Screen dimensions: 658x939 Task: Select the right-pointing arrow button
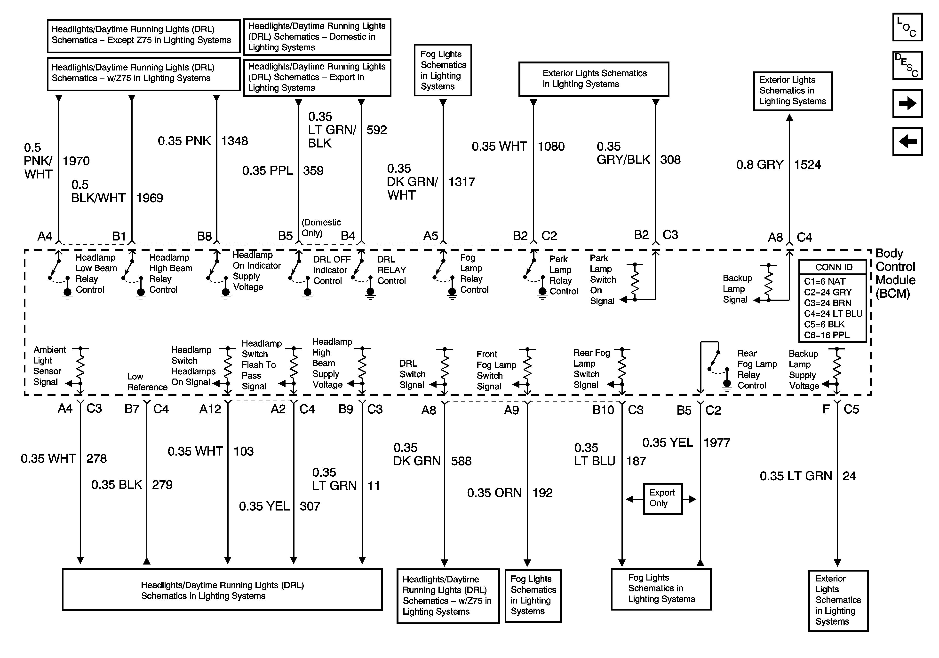coord(907,103)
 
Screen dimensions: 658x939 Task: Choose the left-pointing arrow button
coord(907,141)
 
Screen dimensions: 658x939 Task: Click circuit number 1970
coord(76,161)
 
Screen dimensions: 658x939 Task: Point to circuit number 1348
coord(234,141)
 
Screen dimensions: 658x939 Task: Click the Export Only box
coord(662,498)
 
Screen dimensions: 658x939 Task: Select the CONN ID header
coord(834,267)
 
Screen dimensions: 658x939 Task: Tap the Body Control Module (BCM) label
coord(895,273)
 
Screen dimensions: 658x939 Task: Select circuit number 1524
coord(807,165)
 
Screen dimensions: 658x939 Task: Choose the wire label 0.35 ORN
coord(494,493)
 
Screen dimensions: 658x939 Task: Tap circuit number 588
coord(461,461)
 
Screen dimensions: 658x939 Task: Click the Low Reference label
coord(147,382)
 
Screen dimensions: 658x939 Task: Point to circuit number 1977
coord(716,443)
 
